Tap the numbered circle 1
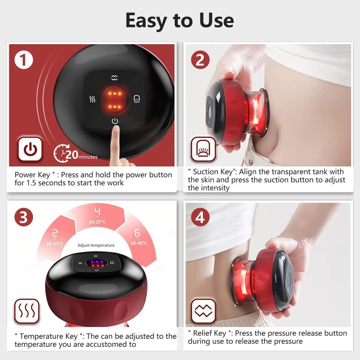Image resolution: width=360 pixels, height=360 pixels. [24, 60]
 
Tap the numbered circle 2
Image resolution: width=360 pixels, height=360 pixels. [200, 60]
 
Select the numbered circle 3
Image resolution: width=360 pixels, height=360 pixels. [24, 217]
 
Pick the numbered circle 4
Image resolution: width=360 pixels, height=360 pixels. [200, 218]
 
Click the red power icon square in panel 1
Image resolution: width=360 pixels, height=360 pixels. [30, 149]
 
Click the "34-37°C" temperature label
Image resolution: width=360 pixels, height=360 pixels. [97, 222]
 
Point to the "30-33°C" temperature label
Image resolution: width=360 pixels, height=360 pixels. [55, 243]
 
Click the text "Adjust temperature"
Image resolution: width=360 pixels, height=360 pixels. [96, 245]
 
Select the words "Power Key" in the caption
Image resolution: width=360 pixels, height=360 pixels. [32, 175]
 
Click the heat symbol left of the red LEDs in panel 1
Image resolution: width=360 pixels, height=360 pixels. [92, 99]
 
